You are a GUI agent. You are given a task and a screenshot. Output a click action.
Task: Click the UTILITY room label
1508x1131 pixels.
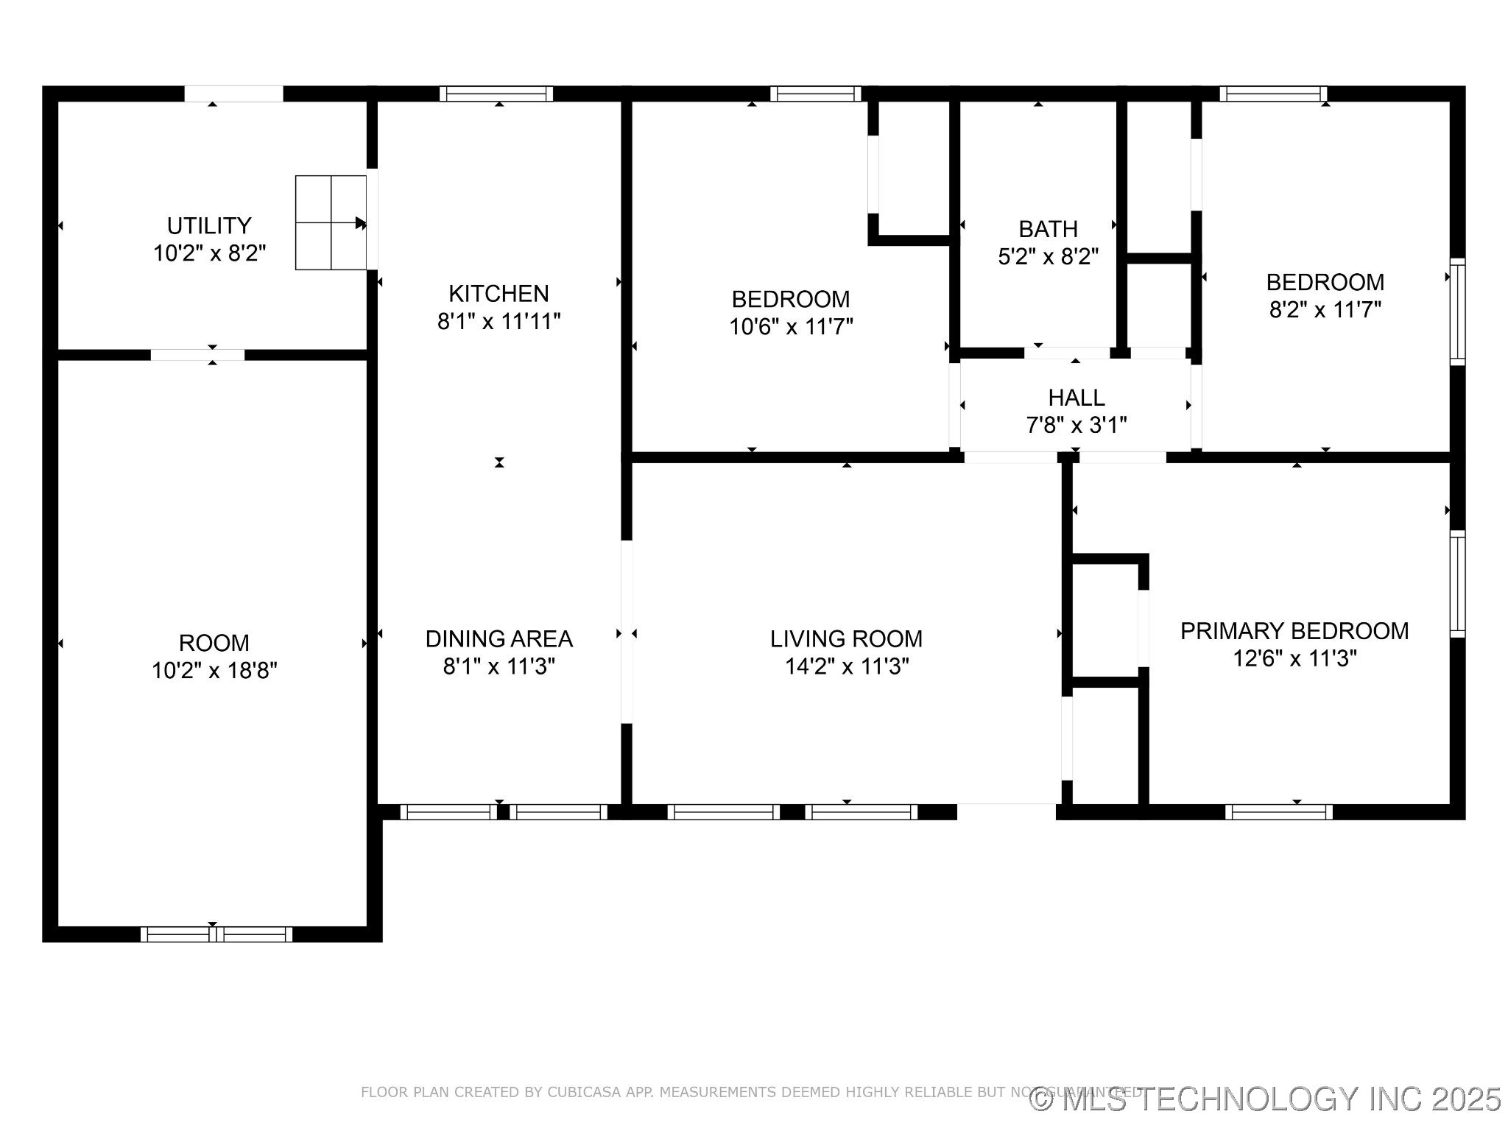209,225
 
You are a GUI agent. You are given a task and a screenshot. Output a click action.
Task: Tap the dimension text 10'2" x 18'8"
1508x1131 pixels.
214,671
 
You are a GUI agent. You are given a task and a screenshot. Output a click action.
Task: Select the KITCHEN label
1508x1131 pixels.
498,294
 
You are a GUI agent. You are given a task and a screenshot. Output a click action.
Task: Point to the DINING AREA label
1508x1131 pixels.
498,638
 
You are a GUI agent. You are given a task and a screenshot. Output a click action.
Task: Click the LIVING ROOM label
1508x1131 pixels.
846,638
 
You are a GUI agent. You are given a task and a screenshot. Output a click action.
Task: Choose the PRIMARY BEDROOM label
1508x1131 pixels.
1294,631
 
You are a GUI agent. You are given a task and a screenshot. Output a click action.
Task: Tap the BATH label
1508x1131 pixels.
1048,229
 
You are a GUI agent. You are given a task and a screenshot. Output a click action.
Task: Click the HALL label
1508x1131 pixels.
1076,398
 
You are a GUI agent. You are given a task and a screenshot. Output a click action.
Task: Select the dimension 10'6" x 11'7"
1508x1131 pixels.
791,326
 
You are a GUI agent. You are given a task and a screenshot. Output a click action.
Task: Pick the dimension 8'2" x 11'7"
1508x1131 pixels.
1325,309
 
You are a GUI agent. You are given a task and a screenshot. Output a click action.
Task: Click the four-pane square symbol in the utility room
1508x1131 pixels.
331,222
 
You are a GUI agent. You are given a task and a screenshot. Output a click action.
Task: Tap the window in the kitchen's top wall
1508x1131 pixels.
496,94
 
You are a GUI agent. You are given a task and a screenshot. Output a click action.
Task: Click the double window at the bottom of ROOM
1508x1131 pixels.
216,934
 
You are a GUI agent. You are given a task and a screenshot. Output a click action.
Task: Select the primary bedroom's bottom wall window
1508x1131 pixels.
1278,811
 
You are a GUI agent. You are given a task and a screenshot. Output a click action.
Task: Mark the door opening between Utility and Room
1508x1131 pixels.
197,355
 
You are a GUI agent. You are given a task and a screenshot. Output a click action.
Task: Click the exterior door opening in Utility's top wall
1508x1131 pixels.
233,94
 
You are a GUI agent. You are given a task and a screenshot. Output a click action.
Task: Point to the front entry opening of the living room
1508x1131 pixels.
1006,811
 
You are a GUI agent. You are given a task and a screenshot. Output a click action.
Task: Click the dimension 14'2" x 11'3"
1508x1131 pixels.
846,666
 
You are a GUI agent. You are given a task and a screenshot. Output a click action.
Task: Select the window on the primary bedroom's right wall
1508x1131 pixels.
1457,583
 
